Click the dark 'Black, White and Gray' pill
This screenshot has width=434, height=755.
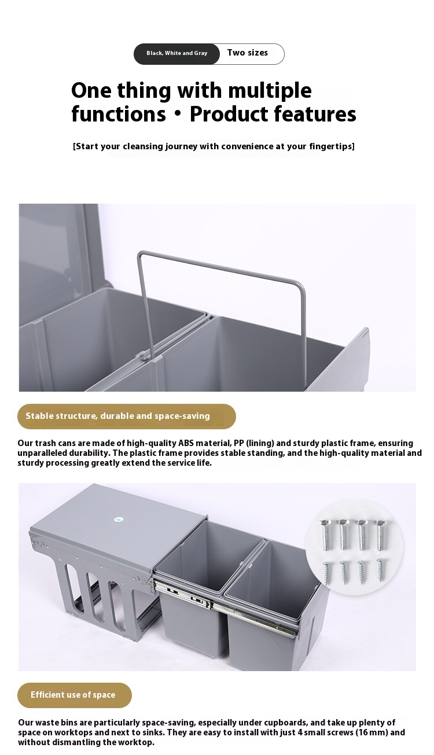pyautogui.click(x=176, y=54)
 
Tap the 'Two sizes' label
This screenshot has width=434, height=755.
pyautogui.click(x=248, y=53)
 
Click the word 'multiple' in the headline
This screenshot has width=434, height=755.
pyautogui.click(x=270, y=91)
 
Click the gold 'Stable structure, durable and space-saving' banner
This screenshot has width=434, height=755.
pyautogui.click(x=127, y=416)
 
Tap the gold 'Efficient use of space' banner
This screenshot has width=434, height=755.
pyautogui.click(x=75, y=695)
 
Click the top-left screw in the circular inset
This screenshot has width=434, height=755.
pyautogui.click(x=326, y=535)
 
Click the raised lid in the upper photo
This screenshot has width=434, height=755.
pyautogui.click(x=59, y=256)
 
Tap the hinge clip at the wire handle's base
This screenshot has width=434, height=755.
pyautogui.click(x=144, y=355)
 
